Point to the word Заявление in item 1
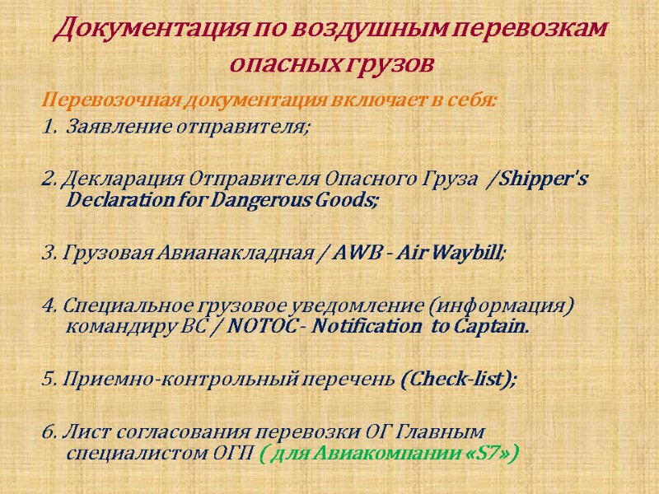103,128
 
